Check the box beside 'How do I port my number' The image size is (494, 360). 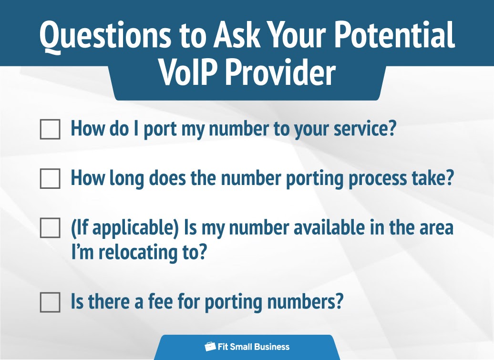(50, 129)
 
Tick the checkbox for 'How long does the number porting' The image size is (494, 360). (50, 179)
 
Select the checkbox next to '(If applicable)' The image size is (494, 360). (50, 228)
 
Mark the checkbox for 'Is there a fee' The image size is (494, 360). (50, 302)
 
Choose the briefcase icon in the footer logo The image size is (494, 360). (210, 347)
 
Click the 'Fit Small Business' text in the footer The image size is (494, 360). (253, 347)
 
